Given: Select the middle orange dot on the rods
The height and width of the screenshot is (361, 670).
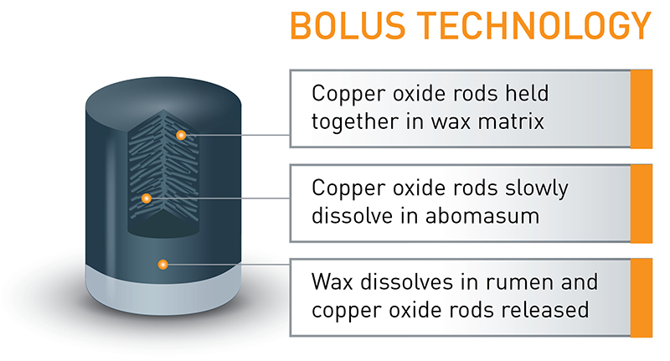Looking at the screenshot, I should coord(147,199).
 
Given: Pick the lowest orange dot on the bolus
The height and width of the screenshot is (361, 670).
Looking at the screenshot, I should coord(163,265).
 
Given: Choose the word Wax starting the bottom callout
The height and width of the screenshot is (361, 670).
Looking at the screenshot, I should coord(328,279).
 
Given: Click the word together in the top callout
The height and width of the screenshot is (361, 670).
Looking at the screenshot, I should coord(351,121).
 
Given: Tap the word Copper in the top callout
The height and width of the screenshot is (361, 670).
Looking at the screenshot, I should coord(342,93).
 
